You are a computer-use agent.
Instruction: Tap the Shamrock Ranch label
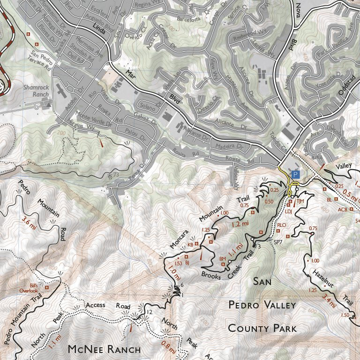click(37, 90)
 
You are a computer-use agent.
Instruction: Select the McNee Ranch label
click(104, 349)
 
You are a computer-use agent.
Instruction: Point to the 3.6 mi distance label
click(30, 218)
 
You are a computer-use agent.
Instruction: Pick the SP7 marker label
click(278, 242)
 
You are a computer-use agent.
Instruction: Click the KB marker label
click(190, 245)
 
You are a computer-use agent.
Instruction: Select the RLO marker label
click(281, 225)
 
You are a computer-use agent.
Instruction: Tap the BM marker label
click(223, 259)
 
